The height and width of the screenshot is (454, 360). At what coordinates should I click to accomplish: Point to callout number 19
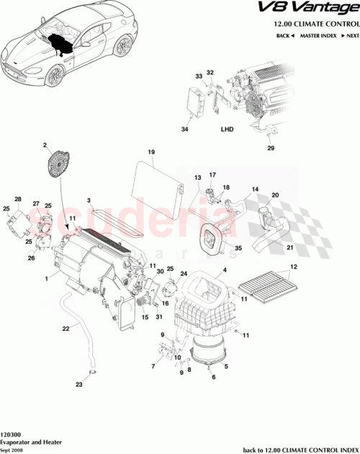(152, 152)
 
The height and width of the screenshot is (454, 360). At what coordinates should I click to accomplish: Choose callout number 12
(292, 268)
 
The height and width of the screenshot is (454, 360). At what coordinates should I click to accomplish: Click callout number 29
(271, 148)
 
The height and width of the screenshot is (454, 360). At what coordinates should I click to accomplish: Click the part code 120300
(11, 435)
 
